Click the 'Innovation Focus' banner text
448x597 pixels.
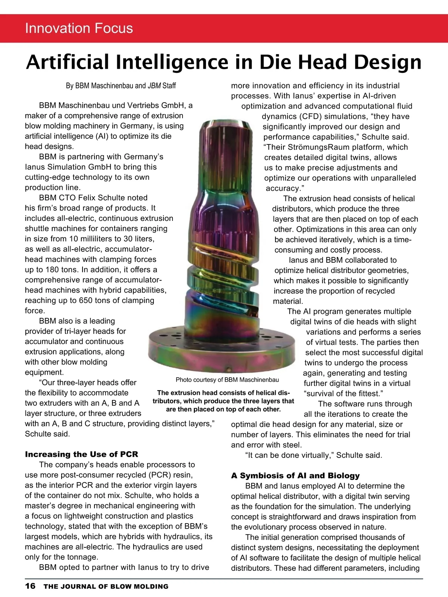click(x=79, y=28)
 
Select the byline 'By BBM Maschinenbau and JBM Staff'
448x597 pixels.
click(x=121, y=86)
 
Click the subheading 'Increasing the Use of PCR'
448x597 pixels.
click(x=81, y=454)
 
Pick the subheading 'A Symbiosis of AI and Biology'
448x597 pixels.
click(x=295, y=475)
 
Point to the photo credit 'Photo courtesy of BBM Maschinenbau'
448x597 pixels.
click(x=227, y=380)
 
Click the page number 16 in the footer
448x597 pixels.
click(x=30, y=586)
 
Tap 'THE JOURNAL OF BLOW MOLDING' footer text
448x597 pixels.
click(x=106, y=587)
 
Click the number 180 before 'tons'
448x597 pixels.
click(x=52, y=269)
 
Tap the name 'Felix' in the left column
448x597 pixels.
click(x=88, y=198)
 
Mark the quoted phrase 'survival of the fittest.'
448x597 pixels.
click(x=343, y=394)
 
